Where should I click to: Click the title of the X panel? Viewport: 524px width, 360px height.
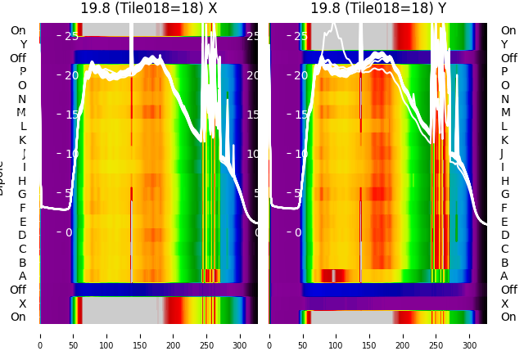(x=148, y=8)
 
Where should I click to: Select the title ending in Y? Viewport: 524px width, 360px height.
(x=377, y=8)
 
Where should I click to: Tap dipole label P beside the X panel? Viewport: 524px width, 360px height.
(x=22, y=72)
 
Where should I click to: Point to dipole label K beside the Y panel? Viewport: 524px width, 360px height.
(x=504, y=140)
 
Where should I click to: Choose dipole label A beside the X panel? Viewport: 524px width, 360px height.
(x=22, y=276)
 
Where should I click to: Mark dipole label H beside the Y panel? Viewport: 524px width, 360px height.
(x=504, y=181)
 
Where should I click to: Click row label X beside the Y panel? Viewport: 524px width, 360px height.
(x=504, y=304)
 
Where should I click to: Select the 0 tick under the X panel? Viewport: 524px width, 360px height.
(x=39, y=345)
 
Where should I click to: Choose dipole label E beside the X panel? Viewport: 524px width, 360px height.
(x=22, y=222)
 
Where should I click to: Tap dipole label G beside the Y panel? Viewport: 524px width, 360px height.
(x=504, y=195)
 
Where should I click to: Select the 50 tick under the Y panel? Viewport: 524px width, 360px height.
(x=303, y=345)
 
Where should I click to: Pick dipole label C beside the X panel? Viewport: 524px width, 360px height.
(x=22, y=249)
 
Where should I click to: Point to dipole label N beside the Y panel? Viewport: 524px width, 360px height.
(x=504, y=99)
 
